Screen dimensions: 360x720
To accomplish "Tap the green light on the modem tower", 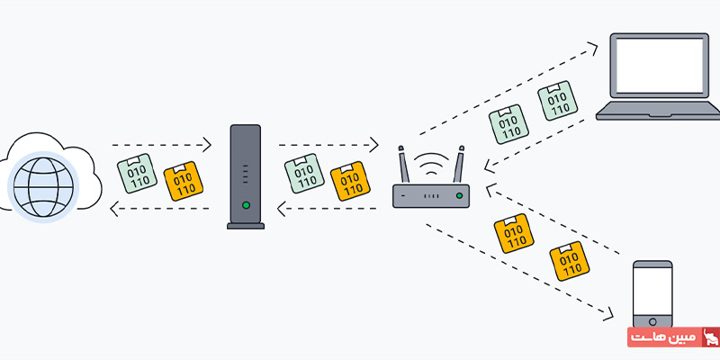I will click(246, 205).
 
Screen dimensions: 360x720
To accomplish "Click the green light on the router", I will click(459, 195).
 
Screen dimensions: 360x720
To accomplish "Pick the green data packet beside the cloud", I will click(138, 171).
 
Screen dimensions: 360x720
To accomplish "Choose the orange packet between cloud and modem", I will click(184, 179).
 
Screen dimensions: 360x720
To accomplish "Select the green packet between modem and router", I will click(303, 174).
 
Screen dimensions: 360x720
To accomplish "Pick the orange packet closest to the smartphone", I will click(569, 260).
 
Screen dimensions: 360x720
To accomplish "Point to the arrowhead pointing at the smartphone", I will click(611, 315).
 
